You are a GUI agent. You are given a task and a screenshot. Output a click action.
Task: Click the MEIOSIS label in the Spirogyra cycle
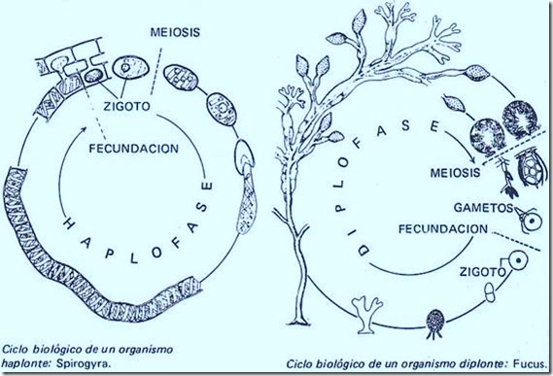175,30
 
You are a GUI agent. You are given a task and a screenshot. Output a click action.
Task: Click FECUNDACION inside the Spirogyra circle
126,151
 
